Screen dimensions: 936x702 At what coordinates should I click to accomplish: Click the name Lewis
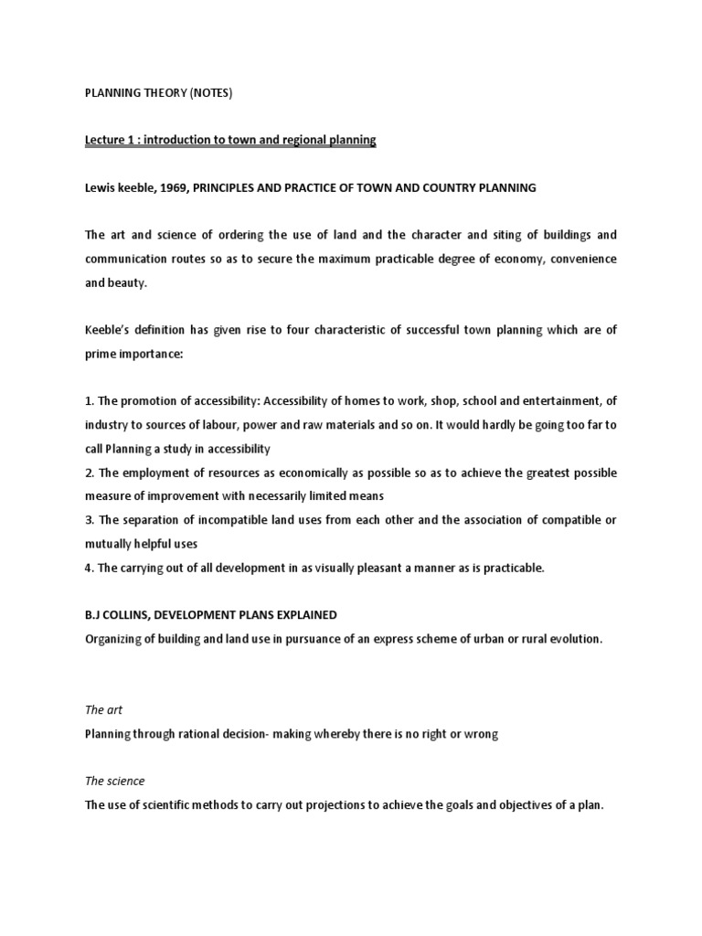click(101, 187)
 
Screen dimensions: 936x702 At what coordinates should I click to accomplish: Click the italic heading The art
click(103, 710)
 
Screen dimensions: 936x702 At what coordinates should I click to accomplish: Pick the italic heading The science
click(114, 782)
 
